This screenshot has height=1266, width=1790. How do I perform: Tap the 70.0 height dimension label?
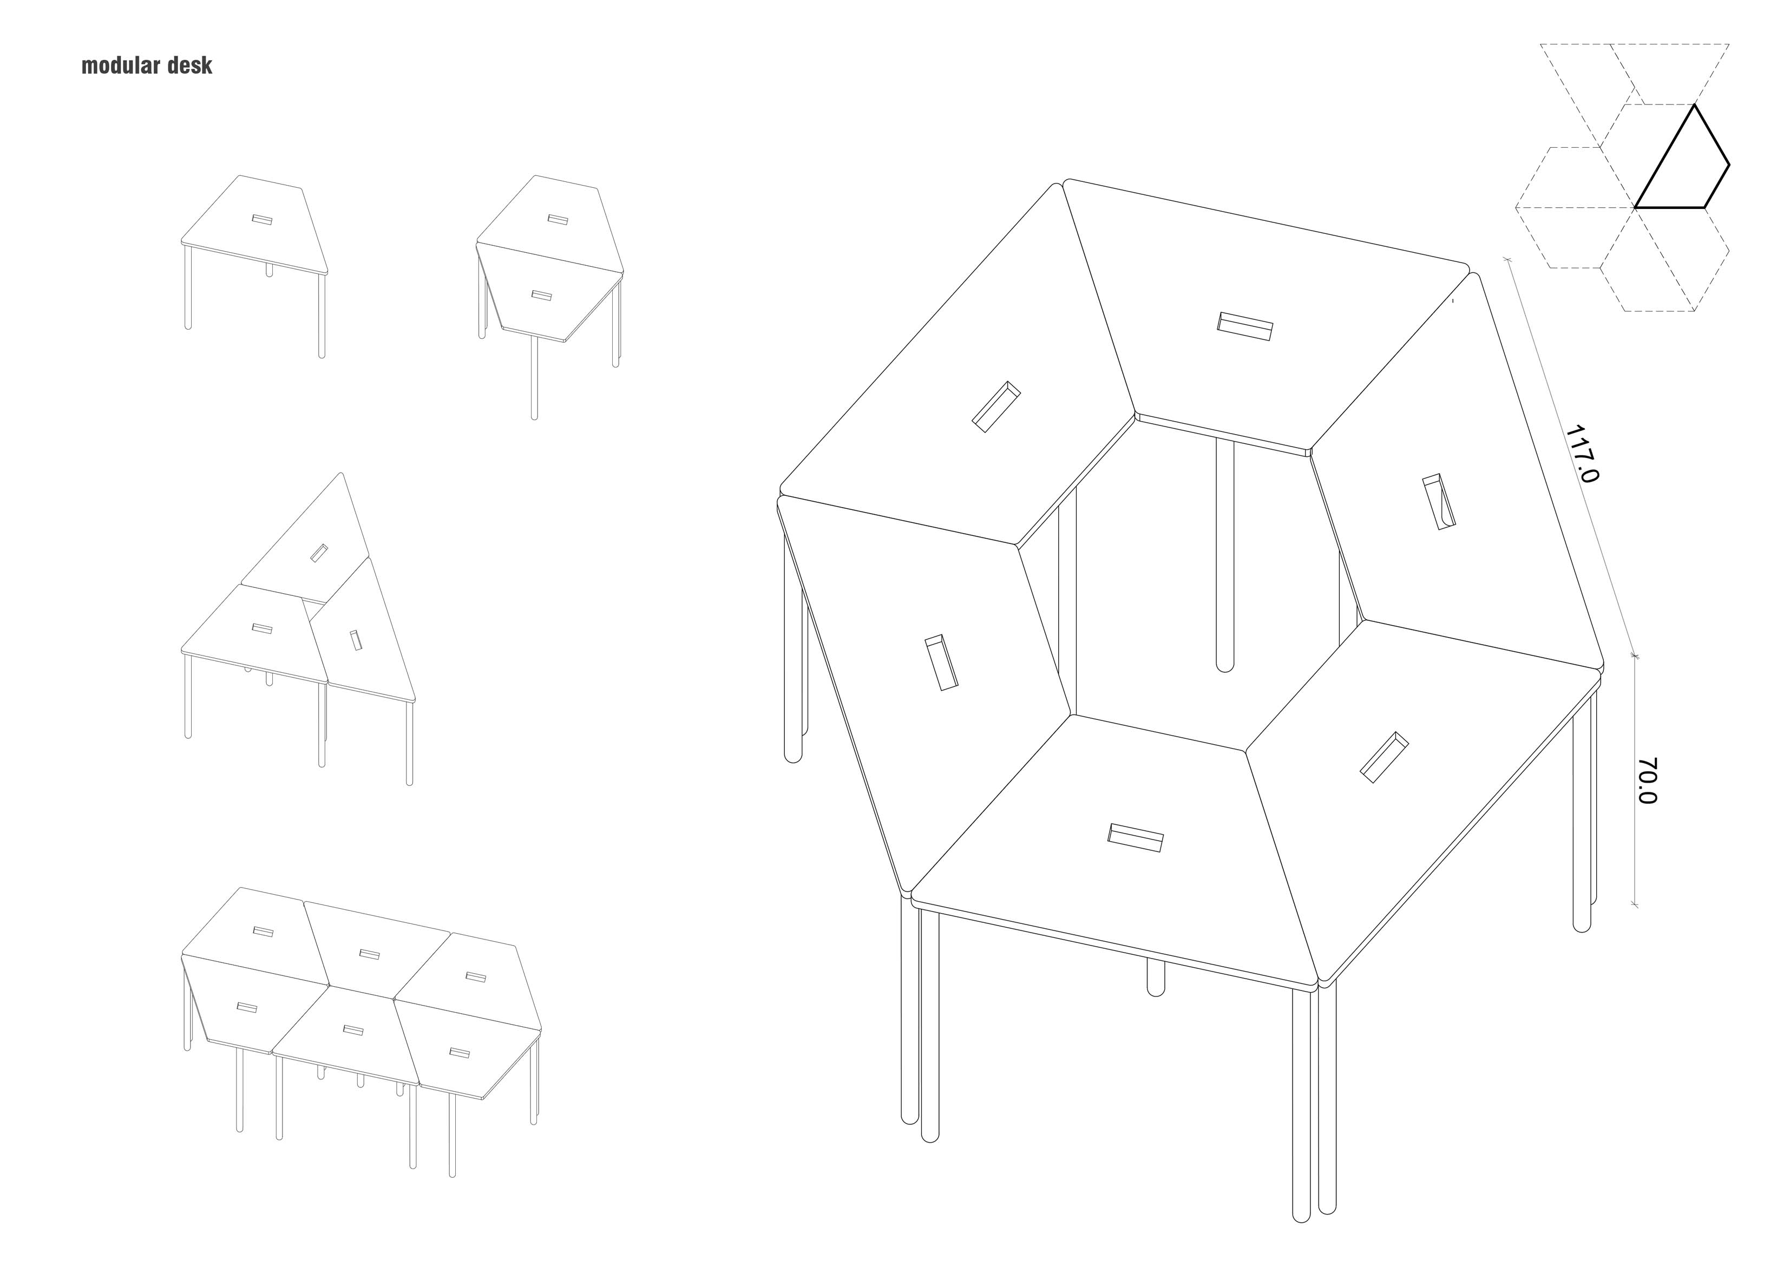point(1647,780)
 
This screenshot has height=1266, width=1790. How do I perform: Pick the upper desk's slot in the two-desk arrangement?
point(556,219)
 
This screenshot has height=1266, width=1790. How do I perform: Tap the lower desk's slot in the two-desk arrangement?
point(542,296)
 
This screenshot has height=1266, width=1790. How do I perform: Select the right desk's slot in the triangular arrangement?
point(356,640)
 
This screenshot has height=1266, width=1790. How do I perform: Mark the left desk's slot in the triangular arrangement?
point(262,628)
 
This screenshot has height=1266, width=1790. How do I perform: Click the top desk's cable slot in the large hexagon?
point(1245,326)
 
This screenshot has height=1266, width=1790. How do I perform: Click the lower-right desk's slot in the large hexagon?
point(1385,756)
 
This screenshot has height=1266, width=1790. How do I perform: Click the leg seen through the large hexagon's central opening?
point(1225,554)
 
